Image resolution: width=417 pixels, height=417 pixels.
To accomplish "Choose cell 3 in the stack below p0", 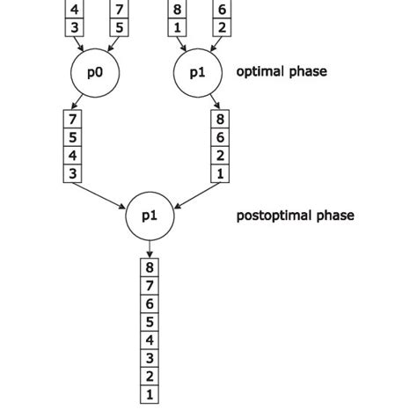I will pos(73,174).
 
